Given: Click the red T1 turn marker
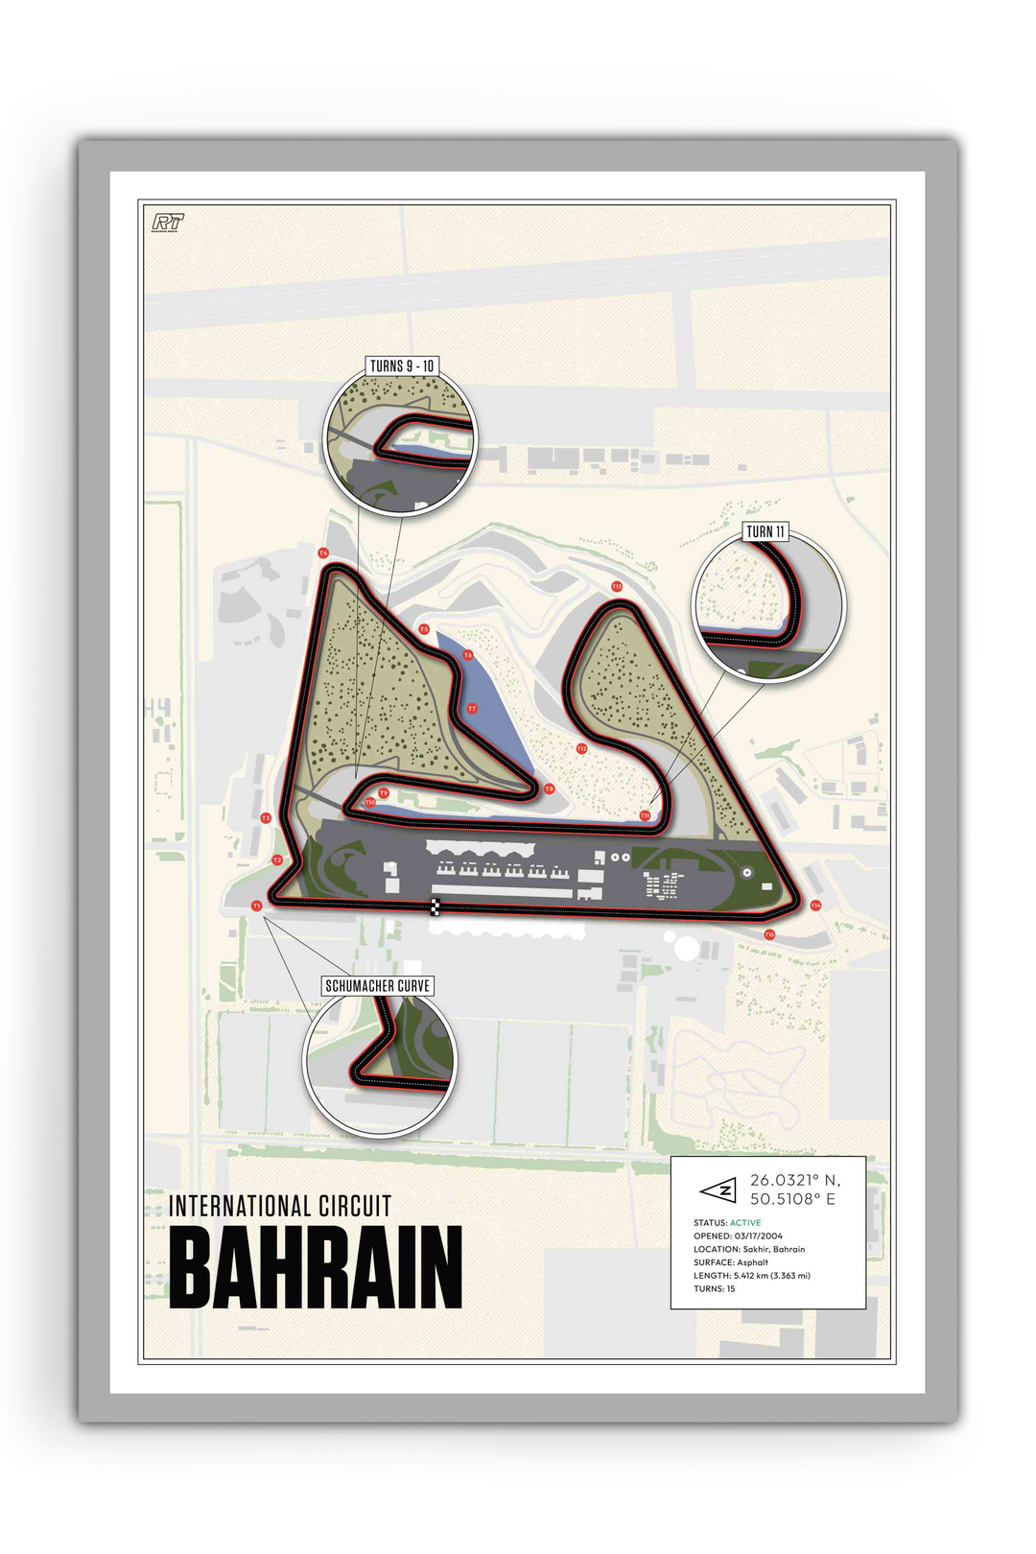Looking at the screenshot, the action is pos(256,906).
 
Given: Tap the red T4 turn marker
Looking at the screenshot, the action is pos(323,553).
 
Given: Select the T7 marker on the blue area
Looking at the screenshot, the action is pos(472,709).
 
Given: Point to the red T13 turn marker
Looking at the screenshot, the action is pos(617,586).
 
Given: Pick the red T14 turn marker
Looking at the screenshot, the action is pos(815,905).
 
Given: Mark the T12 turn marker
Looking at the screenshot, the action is pos(581,748).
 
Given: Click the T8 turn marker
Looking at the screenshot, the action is pos(549,789).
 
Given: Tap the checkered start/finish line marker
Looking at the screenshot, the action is pos(436,906).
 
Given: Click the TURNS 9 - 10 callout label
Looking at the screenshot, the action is pos(402,365).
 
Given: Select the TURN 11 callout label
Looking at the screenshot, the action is pos(765,531).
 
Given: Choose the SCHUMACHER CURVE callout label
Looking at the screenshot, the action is pos(378,985).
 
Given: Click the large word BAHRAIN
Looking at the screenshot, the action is pos(316,1267).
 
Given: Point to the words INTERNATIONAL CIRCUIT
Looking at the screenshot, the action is pos(280,1206).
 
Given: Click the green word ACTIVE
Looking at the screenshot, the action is pos(745,1223).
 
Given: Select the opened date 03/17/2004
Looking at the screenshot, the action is pos(758,1236).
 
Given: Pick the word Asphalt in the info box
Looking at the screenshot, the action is pos(753,1262).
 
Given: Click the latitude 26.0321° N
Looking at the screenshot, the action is pos(794,1181).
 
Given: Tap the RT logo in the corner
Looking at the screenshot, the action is pos(168,223).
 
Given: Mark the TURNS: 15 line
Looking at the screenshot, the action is pos(715,1289).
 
